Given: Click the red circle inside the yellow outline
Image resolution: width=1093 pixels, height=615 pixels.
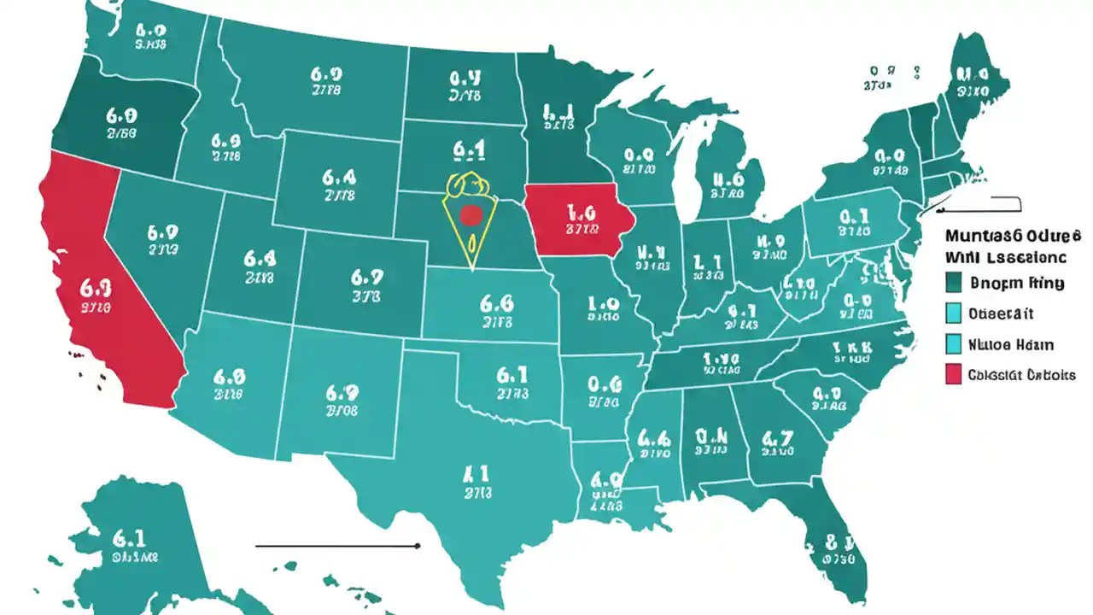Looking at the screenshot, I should pyautogui.click(x=470, y=215).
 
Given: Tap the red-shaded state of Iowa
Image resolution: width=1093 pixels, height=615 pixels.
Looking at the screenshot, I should pyautogui.click(x=577, y=218).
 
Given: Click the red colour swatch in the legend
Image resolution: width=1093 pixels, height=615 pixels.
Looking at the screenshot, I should pyautogui.click(x=955, y=374).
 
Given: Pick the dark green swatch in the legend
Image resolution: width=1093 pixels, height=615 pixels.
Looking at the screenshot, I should pyautogui.click(x=955, y=283).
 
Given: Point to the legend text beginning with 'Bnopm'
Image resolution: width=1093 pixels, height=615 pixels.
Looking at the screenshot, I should pyautogui.click(x=1017, y=283).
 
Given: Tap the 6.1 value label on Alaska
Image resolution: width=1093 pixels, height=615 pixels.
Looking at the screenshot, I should pyautogui.click(x=129, y=538).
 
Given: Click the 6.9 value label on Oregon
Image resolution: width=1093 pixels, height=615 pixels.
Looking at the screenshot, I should pyautogui.click(x=121, y=114).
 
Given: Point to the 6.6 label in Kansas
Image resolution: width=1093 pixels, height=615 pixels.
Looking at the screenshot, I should pyautogui.click(x=496, y=303).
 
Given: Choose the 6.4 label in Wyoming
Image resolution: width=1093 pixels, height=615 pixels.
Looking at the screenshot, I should pyautogui.click(x=339, y=177).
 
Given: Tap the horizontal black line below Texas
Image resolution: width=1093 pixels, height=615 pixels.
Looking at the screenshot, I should pyautogui.click(x=337, y=545).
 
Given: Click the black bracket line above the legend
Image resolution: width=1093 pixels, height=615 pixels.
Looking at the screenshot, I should pyautogui.click(x=982, y=205).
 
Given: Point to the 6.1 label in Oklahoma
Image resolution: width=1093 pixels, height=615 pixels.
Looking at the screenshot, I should pyautogui.click(x=511, y=374).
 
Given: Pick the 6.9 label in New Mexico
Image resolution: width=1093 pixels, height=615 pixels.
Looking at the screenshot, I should pyautogui.click(x=342, y=393).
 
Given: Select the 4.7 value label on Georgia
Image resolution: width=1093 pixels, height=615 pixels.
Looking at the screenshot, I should pyautogui.click(x=777, y=440).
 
